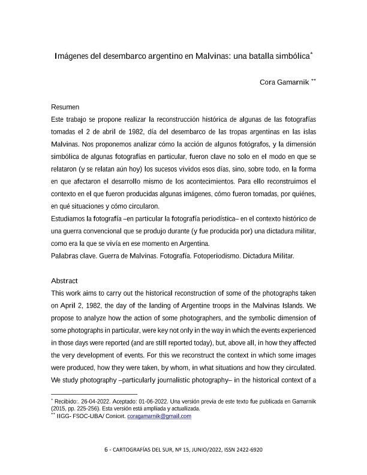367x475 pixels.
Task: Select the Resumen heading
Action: click(65, 107)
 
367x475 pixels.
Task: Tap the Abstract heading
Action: click(65, 281)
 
